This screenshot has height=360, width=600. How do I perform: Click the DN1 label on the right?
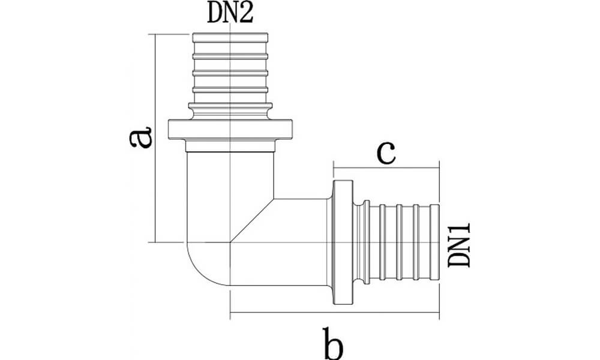(460, 244)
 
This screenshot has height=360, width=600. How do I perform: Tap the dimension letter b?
(334, 343)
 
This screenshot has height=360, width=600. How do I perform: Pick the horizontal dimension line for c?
(386, 169)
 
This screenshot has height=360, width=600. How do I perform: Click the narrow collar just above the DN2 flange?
(230, 108)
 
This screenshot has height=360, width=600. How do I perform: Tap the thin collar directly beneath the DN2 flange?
(230, 146)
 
